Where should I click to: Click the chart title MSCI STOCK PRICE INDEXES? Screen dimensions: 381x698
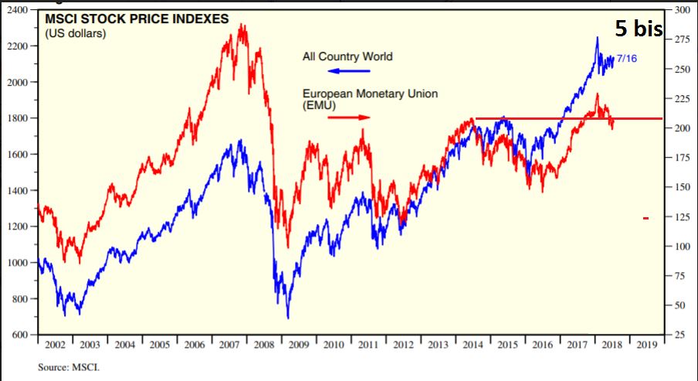[137, 19]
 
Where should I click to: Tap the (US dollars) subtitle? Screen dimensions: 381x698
[75, 33]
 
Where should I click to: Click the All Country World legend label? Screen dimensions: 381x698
[347, 56]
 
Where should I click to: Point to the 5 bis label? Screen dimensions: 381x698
[639, 29]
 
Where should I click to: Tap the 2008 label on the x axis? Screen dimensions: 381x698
[264, 345]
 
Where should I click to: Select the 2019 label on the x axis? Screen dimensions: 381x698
[647, 345]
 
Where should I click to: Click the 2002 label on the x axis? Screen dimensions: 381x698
[55, 345]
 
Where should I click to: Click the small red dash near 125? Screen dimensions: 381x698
[645, 219]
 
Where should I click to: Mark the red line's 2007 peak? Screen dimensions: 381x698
[242, 26]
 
